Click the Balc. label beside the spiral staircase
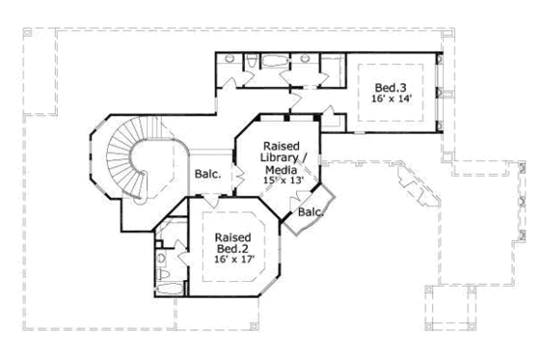208,175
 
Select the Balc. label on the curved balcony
310,211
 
